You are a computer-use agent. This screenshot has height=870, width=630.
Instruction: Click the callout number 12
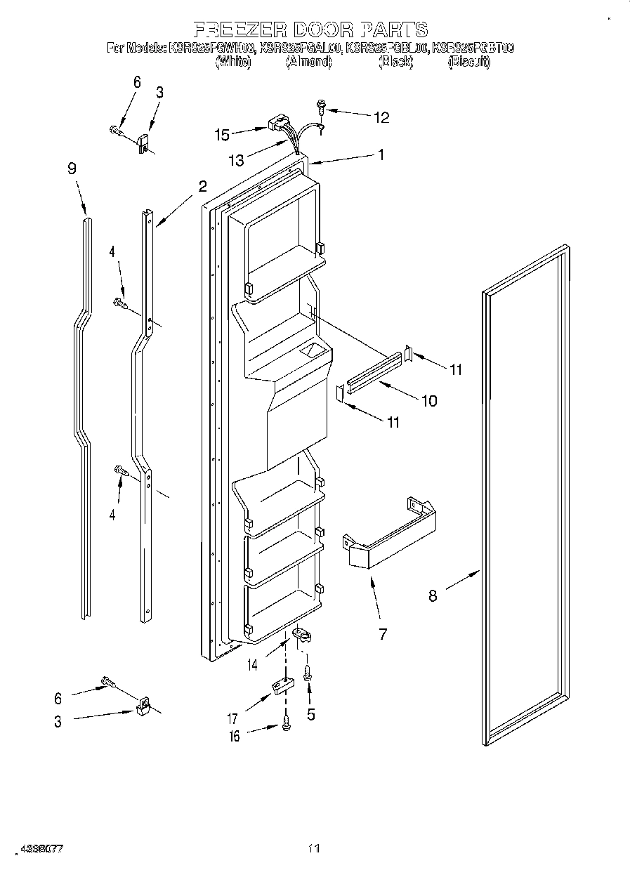[381, 117]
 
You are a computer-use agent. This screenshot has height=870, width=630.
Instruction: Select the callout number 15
[222, 133]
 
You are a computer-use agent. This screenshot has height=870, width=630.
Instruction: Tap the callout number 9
[72, 169]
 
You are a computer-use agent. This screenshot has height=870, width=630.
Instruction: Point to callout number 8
[433, 595]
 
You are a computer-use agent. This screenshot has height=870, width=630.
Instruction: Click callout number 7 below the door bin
[383, 634]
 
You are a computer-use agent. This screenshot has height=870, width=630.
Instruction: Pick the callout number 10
[428, 401]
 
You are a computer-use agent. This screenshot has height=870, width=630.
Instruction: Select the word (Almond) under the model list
[308, 62]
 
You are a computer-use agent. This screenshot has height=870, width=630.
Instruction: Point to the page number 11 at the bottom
[313, 848]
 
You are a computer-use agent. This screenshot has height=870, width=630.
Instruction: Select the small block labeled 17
[281, 686]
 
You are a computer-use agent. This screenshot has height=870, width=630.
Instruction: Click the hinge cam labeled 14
[302, 635]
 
